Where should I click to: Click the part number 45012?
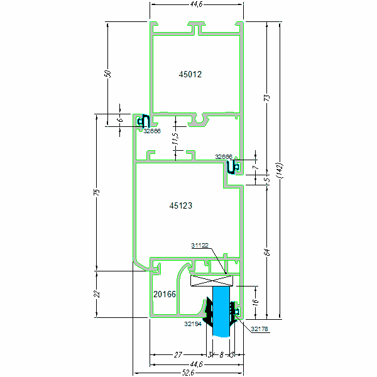tap(190, 74)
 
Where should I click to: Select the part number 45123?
tap(181, 205)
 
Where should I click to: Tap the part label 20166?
tap(165, 293)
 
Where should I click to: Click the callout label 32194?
tap(194, 324)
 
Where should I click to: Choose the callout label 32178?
tap(260, 329)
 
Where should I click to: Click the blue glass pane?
tap(221, 311)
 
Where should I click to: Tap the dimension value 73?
tap(266, 99)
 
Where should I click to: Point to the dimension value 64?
tap(266, 252)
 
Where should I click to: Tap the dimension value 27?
tap(178, 356)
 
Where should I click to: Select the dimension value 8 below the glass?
tap(221, 356)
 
